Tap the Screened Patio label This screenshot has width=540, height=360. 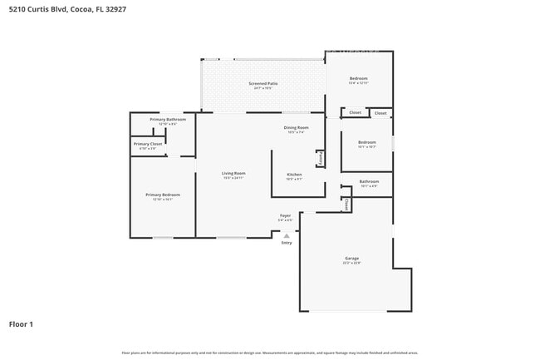tap(262, 84)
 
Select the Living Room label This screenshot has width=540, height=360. tap(233, 173)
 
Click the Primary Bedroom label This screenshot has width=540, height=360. tap(163, 195)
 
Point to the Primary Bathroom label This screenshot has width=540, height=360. tap(168, 120)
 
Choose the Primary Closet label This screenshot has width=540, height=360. tap(147, 144)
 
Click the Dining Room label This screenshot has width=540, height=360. tap(297, 127)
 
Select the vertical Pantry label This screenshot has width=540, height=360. tap(320, 157)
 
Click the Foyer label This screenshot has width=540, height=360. tap(285, 215)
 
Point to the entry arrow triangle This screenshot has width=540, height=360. tap(287, 235)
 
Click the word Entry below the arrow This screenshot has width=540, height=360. tap(287, 243)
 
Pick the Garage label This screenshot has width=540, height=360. tap(352, 259)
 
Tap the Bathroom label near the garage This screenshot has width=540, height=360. tap(369, 181)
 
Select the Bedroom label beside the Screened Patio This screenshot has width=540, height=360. tap(358, 78)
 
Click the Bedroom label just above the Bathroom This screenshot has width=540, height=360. tap(367, 142)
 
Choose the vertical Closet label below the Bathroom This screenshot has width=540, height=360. tap(346, 205)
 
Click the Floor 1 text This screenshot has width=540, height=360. tap(21, 323)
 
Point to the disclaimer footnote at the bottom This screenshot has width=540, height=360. tap(270, 353)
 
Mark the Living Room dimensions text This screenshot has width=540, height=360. tap(233, 178)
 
